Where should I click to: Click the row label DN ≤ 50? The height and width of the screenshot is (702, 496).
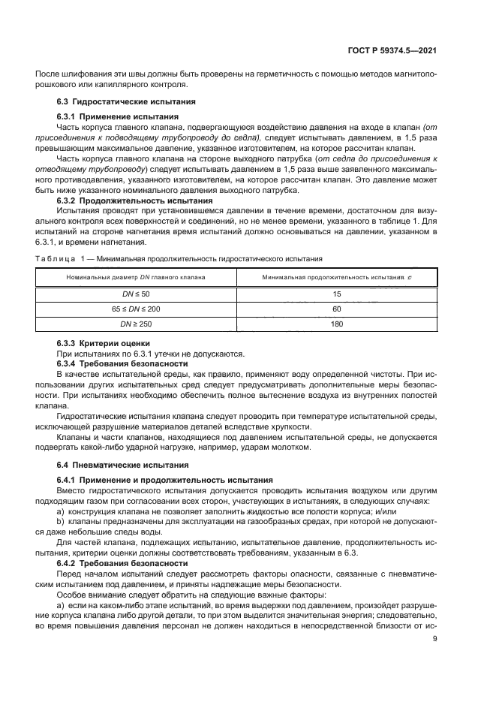point(136,294)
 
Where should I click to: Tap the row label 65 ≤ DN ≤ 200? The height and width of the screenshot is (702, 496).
point(136,309)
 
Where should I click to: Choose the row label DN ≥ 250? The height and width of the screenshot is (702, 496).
point(136,324)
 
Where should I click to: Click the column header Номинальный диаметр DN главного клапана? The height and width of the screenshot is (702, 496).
point(136,278)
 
